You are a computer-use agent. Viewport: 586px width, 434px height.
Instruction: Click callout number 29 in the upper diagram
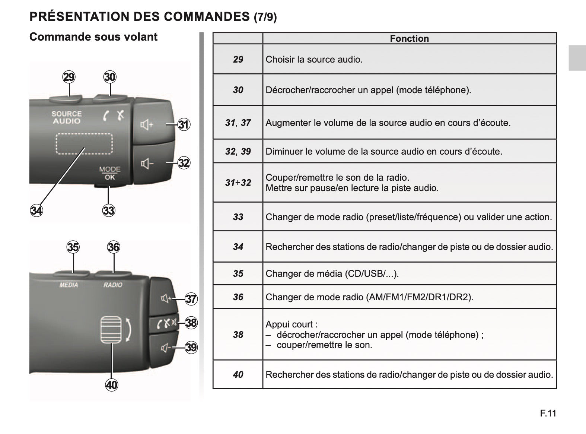point(69,77)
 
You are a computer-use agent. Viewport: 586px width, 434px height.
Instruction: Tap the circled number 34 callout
point(36,210)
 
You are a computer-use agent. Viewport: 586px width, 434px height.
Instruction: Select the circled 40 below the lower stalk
point(111,385)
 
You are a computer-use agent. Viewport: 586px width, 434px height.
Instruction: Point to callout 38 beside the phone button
point(191,323)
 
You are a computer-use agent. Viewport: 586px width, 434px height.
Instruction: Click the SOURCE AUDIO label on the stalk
point(67,117)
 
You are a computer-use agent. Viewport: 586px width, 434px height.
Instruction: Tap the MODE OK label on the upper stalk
point(110,173)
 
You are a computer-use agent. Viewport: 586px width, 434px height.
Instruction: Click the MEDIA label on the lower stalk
point(69,285)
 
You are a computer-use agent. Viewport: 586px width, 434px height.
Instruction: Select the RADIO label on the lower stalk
point(113,285)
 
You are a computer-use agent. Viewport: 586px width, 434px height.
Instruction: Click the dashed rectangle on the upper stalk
point(84,134)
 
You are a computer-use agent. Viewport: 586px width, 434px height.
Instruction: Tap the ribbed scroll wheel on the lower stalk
point(111,330)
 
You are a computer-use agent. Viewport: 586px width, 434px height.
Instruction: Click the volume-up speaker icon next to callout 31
point(147,124)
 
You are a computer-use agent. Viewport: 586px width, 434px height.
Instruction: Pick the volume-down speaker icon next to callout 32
point(147,164)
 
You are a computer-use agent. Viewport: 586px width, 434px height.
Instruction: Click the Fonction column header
point(409,39)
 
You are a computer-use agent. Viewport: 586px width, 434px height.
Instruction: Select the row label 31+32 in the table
point(238,183)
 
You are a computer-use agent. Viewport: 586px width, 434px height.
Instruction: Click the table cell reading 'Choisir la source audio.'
point(314,59)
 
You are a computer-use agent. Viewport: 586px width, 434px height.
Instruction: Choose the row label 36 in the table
point(238,297)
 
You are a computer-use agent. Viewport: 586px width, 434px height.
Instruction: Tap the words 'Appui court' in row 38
point(289,324)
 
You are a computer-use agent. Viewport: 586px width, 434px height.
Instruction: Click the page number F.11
point(548,413)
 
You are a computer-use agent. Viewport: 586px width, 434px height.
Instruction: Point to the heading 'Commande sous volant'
point(93,37)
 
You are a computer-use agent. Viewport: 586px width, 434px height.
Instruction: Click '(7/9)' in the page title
point(265,17)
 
